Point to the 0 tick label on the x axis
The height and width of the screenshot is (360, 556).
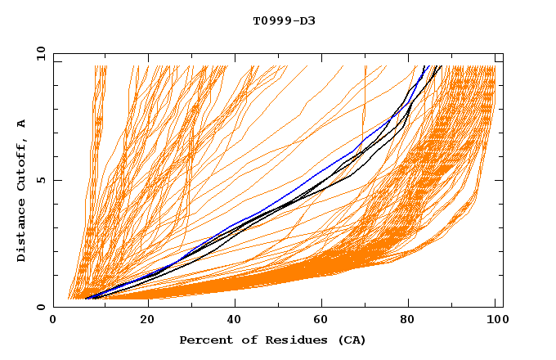(53, 321)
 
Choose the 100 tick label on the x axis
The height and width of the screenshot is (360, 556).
(496, 321)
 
